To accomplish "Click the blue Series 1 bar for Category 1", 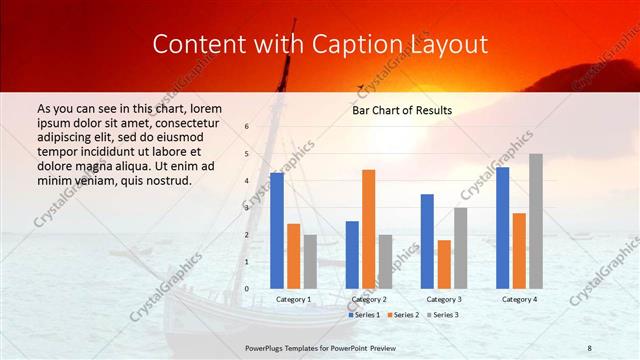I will point(277,230).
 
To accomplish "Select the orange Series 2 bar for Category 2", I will point(368,229).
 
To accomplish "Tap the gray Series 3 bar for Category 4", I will point(536,221).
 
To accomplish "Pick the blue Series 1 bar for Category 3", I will point(427,241).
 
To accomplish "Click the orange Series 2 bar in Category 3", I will point(444,264).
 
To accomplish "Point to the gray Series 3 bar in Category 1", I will point(310,261).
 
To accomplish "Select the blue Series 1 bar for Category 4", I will point(502,227).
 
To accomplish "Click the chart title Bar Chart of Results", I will point(401,110).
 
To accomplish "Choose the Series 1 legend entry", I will point(364,315).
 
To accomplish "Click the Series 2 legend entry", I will point(404,315).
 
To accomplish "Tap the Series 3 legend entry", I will point(443,315).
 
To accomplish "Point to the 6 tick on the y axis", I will point(247,126).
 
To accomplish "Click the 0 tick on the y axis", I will point(247,288).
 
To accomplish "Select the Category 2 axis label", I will point(368,299).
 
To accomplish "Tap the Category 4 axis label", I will point(519,299).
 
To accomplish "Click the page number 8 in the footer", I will point(589,346).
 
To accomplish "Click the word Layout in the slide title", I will point(445,44).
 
